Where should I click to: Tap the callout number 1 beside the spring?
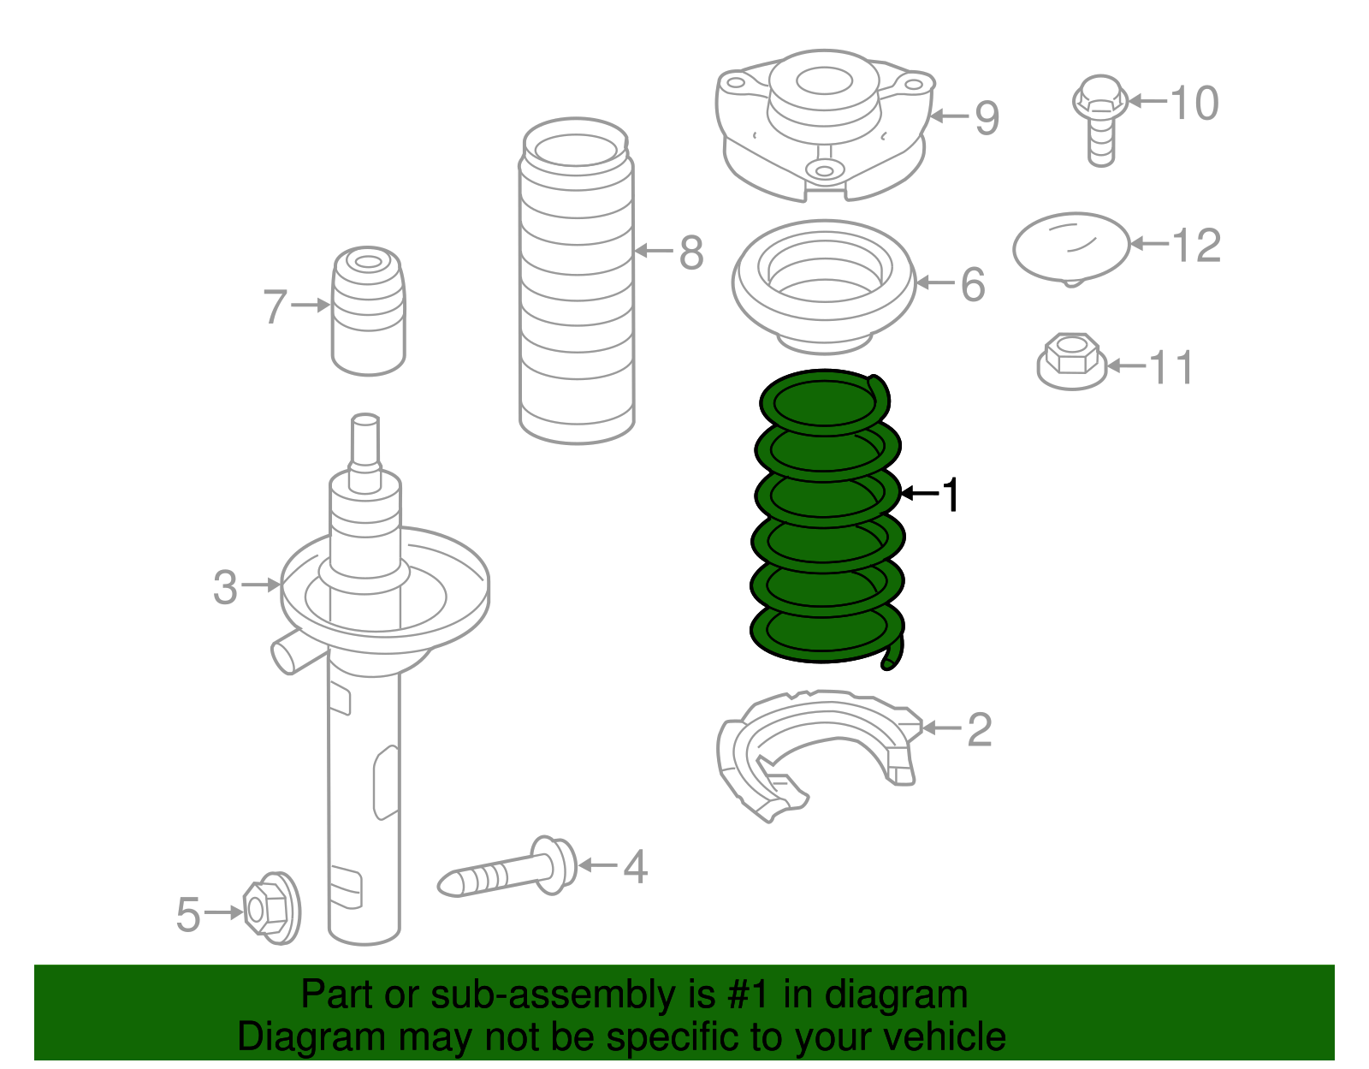[x=950, y=495]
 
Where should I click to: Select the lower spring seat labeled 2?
[x=813, y=753]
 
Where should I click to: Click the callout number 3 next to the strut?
[x=225, y=587]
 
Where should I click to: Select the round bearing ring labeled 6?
[x=824, y=287]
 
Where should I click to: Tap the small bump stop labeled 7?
[x=368, y=312]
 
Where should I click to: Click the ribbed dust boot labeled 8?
[x=576, y=282]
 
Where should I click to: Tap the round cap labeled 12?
[x=1070, y=247]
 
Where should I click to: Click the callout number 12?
[x=1196, y=246]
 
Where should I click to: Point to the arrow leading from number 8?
[x=655, y=252]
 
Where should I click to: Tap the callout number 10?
[x=1194, y=104]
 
